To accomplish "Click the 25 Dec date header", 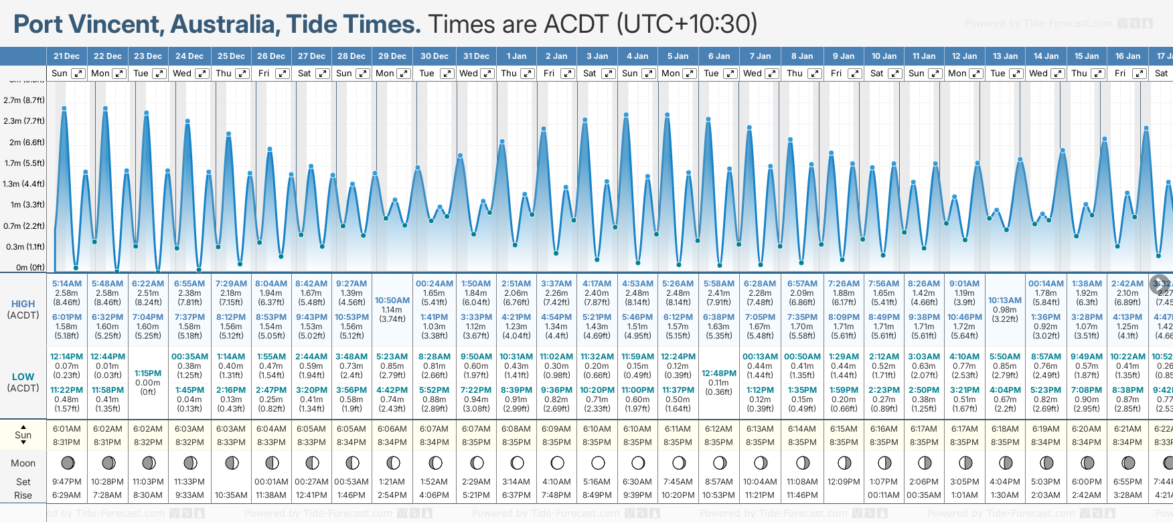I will pos(231,56).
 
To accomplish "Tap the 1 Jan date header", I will pos(516,56).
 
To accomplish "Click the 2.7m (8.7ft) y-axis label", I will pos(24,100).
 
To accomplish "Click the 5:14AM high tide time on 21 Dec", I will pos(67,284).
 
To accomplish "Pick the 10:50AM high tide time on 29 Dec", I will pos(392,300).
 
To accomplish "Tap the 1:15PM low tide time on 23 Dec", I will pos(148,373).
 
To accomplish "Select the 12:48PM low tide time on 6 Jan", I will pos(719,373).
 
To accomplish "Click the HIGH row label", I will pos(23,304).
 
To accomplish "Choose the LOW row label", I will pos(23,377).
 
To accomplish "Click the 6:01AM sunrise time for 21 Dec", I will pos(67,429).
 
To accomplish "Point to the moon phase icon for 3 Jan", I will pos(598,462).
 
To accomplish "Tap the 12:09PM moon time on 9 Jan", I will pos(844,482).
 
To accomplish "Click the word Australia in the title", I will pos(224,24).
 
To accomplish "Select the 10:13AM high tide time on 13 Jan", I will pos(1005,300).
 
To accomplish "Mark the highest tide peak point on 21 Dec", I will pos(64,108).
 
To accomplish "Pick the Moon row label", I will pos(23,463).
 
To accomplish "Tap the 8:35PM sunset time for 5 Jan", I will pos(678,442).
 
